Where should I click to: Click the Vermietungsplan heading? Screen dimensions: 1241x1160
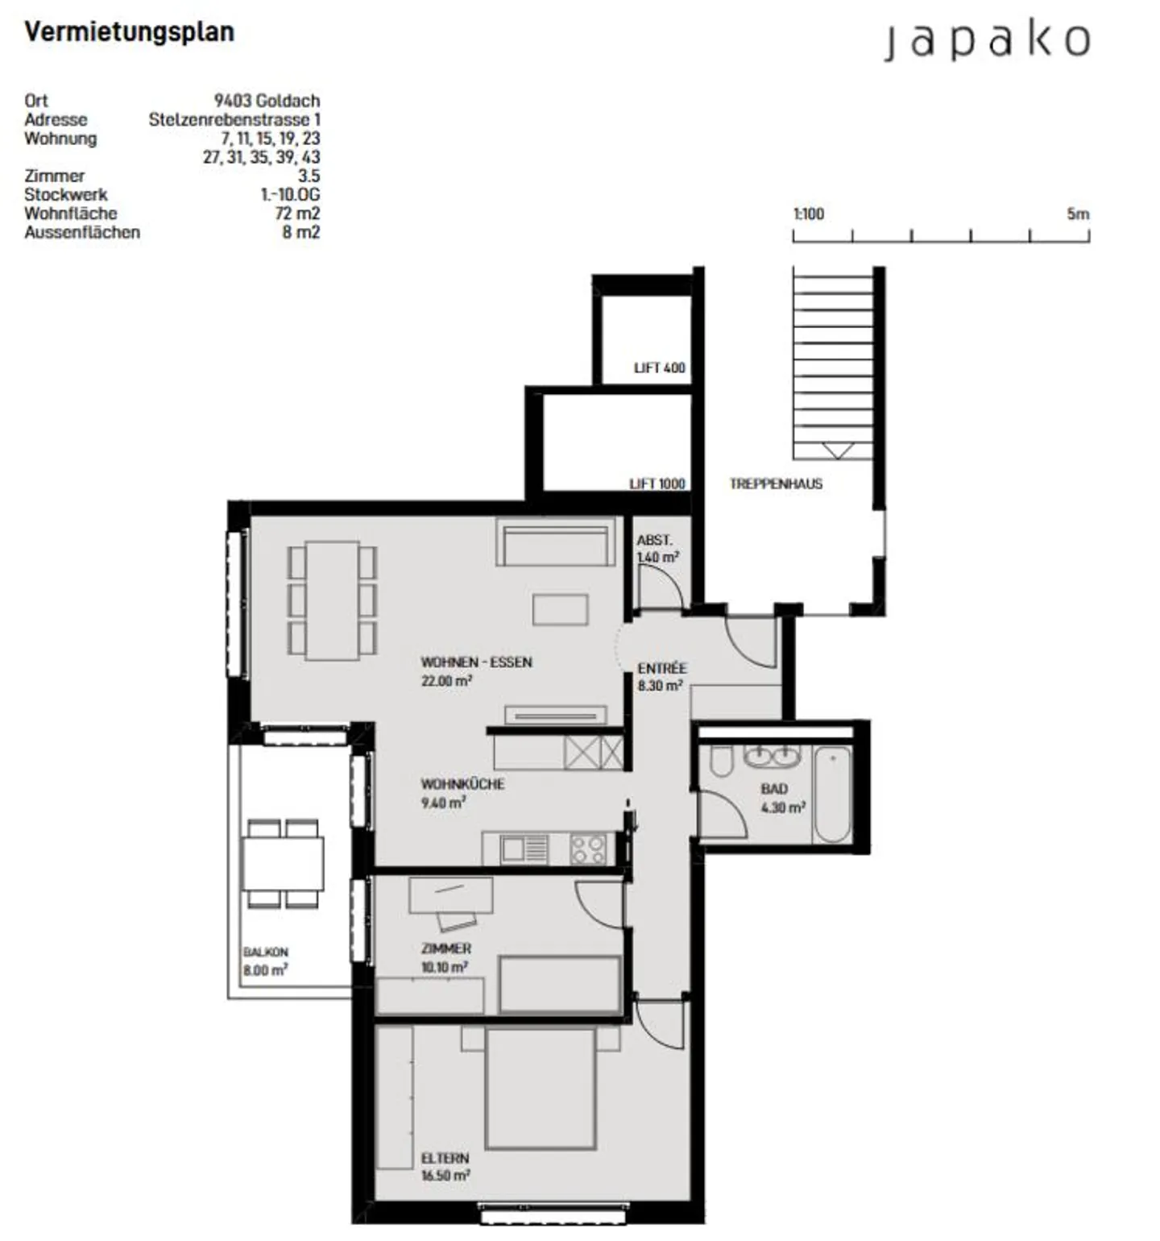click(x=130, y=32)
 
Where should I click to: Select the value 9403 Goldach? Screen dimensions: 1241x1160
click(x=267, y=101)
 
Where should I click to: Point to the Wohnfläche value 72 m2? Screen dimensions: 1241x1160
click(x=297, y=214)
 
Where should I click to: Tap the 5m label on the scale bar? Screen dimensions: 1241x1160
click(x=1077, y=214)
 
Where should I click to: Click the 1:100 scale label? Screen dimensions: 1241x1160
click(x=809, y=214)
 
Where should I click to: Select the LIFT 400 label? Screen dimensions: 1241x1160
click(x=659, y=368)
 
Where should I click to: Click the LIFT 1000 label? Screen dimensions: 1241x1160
click(x=657, y=484)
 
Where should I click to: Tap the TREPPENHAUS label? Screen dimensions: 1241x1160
click(x=776, y=484)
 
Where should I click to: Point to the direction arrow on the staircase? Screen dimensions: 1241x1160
click(x=838, y=450)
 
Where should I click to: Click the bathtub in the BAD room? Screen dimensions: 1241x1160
click(x=832, y=794)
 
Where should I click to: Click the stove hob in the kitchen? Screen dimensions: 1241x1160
click(x=588, y=849)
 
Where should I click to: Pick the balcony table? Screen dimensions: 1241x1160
click(x=284, y=863)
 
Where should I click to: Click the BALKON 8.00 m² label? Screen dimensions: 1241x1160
click(x=265, y=961)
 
